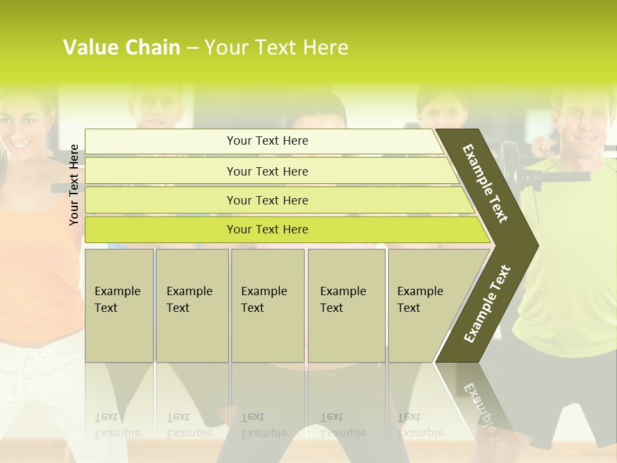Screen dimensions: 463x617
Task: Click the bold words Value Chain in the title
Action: pos(121,48)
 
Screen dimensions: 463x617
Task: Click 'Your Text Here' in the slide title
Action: pos(276,48)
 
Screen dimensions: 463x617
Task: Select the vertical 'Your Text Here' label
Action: pos(75,185)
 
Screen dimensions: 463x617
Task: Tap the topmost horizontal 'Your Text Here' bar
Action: pos(267,141)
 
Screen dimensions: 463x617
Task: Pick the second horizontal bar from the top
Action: pos(267,171)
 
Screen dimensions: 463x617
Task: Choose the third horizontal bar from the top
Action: pos(267,200)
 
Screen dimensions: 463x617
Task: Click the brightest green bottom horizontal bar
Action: pos(267,230)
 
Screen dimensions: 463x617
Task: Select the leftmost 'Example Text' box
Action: pos(119,305)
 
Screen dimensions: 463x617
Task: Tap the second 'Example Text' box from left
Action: pos(192,305)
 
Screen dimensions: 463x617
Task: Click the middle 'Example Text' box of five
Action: pos(267,305)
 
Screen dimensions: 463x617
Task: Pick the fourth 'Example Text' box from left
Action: pos(346,305)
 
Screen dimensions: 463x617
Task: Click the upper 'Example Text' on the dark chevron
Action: pos(486,183)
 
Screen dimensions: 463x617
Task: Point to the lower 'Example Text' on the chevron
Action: pos(487,304)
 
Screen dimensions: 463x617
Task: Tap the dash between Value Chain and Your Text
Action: pos(192,48)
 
